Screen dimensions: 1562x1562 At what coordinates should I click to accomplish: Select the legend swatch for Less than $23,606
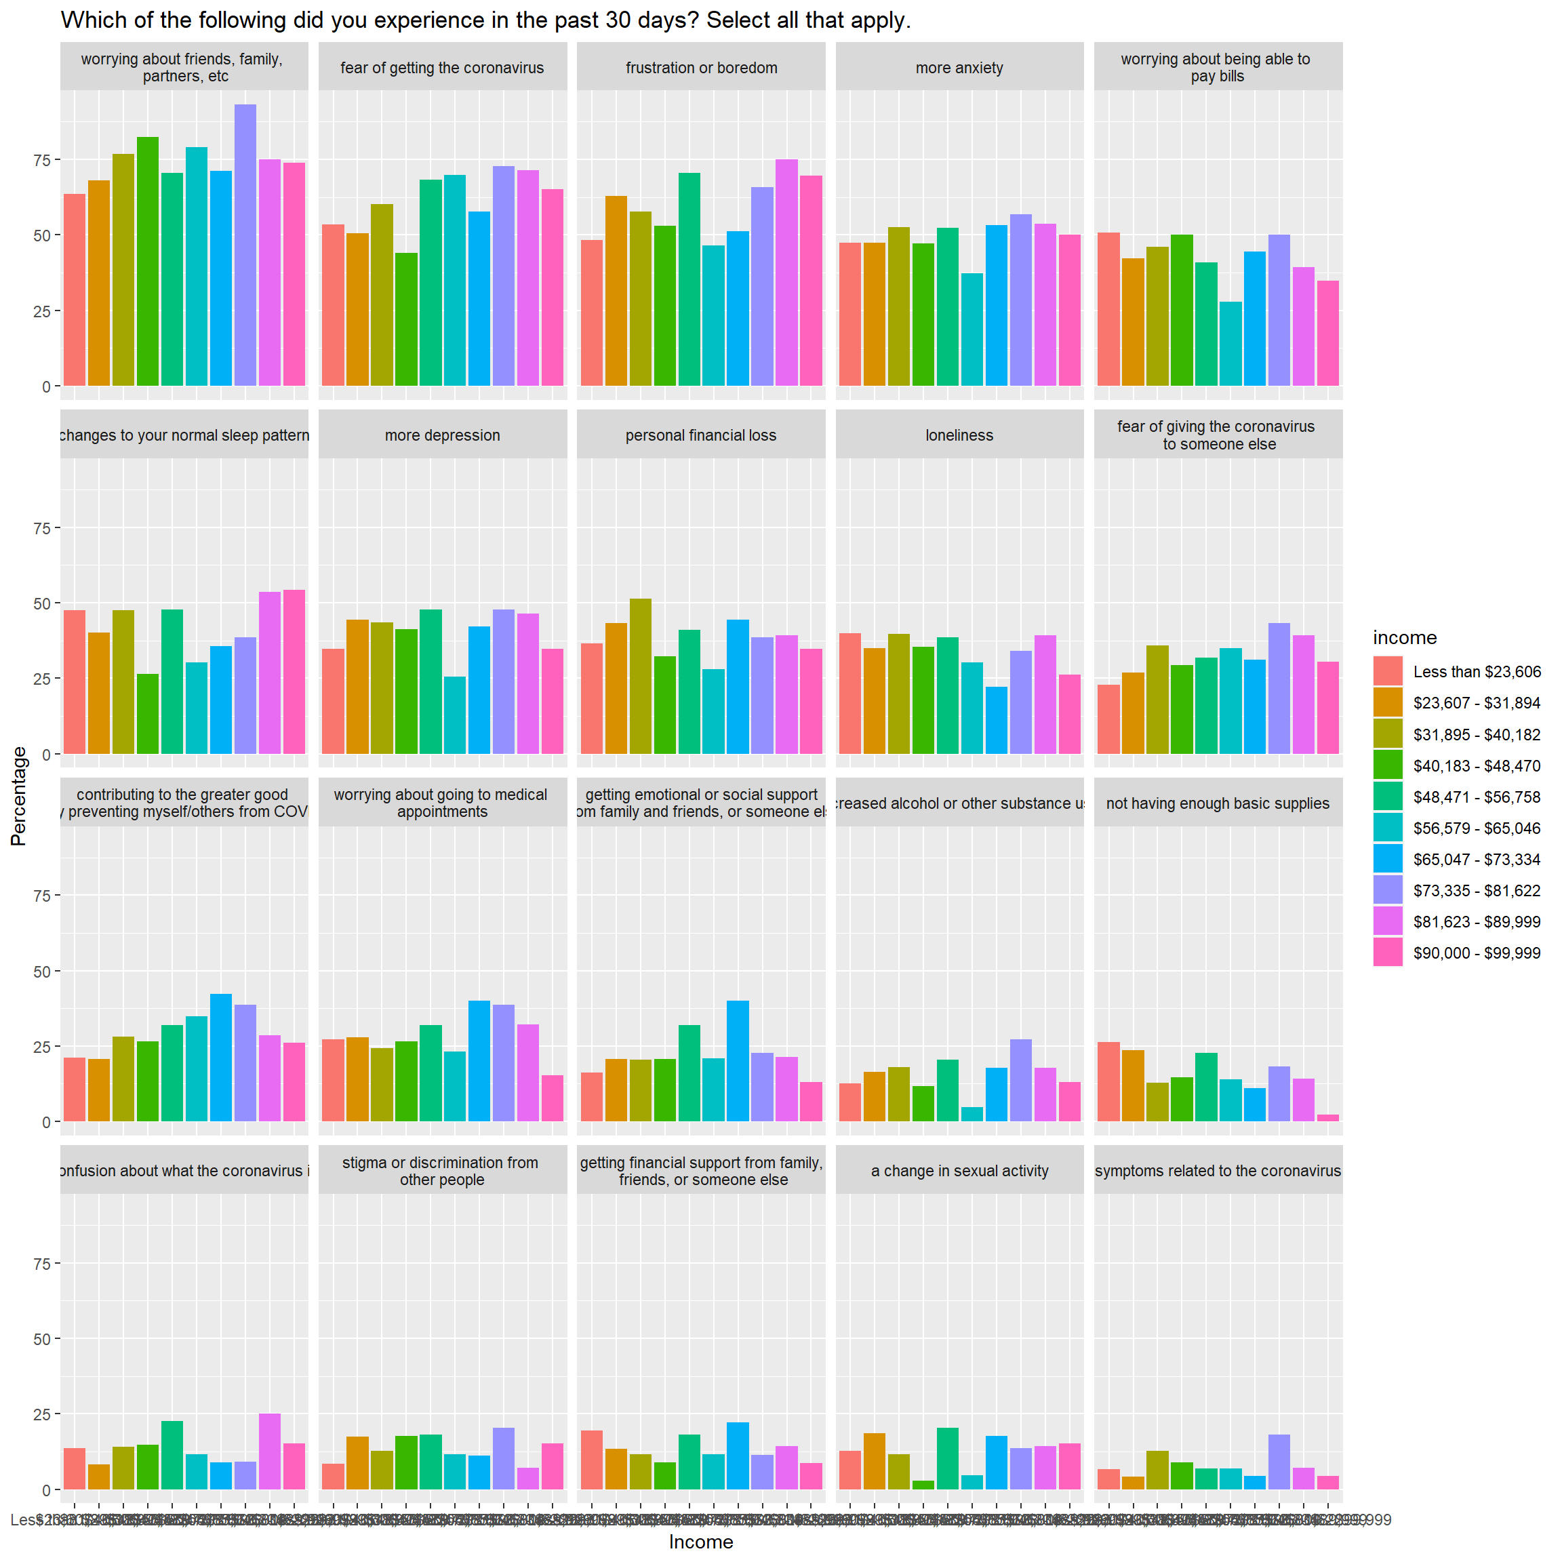coord(1387,671)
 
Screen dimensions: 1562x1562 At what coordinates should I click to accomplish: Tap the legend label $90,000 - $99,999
coord(1477,953)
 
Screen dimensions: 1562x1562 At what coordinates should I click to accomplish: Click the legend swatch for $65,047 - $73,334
coord(1387,858)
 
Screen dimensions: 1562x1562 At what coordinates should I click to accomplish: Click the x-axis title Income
coord(700,1542)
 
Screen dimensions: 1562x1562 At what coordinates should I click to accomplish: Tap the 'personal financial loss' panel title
coord(700,435)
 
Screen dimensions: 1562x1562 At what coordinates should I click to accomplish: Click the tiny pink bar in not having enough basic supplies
coord(1327,1117)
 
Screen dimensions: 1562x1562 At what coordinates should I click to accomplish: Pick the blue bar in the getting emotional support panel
coord(738,1061)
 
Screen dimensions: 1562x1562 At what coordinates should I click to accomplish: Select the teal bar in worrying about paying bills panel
coord(1230,344)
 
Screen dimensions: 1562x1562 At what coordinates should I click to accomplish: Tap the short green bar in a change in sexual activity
coord(923,1485)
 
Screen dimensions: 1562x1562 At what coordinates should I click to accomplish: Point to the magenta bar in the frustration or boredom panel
coord(786,273)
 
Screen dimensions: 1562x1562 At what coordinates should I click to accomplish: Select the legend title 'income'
coord(1404,637)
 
